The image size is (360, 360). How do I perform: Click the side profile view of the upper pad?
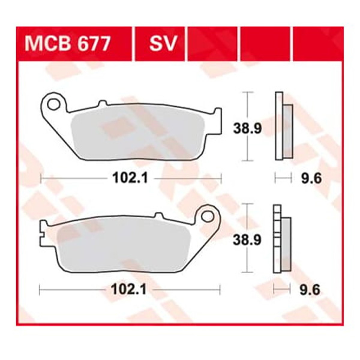click(283, 127)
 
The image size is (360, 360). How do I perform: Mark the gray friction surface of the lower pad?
click(126, 243)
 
